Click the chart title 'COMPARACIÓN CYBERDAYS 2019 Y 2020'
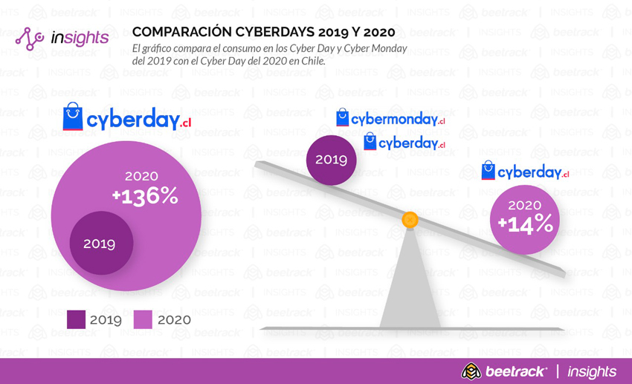point(263,32)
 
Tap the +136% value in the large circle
point(145,196)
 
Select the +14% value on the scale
point(525,223)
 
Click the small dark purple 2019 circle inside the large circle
point(101,244)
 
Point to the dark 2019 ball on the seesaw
point(332,160)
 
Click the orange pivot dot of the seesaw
point(410,220)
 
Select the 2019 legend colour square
point(76,319)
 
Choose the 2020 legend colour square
point(143,319)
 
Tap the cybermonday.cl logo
point(390,119)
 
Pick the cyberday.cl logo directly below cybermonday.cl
point(404,142)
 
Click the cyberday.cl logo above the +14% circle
point(525,172)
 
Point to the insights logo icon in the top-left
point(31,39)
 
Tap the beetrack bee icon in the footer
point(471,371)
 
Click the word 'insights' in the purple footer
point(592,371)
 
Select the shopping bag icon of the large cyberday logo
point(73,117)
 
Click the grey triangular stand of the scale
point(410,282)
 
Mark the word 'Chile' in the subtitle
point(312,61)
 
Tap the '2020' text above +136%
point(141,177)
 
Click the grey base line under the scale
point(409,328)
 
